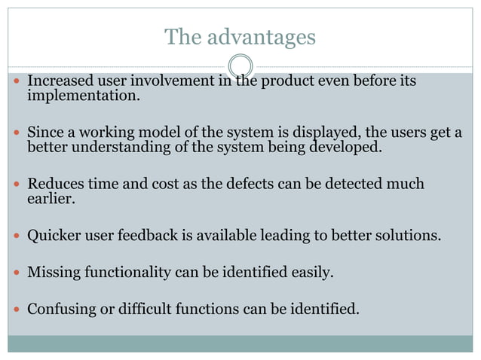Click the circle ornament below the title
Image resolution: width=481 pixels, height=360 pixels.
pyautogui.click(x=240, y=66)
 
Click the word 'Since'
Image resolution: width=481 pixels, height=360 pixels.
pyautogui.click(x=44, y=133)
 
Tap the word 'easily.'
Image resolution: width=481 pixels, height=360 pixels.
pyautogui.click(x=311, y=272)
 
